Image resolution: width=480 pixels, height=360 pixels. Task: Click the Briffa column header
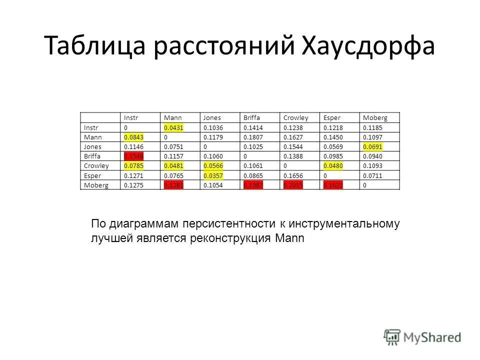point(251,117)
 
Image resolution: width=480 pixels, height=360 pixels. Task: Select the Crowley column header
point(295,117)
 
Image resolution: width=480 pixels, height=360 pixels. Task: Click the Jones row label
point(93,146)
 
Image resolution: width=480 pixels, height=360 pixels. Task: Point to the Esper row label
point(92,175)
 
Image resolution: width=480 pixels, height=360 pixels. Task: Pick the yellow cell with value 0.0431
point(172,127)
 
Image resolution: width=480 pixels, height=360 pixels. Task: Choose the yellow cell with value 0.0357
point(212,175)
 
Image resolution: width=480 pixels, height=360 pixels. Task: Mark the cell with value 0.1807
point(252,137)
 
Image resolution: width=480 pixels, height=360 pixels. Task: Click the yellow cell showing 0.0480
point(332,166)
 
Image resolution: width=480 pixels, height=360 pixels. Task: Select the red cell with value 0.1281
point(173,185)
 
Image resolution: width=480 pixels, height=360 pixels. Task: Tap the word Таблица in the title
point(94,46)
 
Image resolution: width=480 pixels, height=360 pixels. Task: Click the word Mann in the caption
point(289,238)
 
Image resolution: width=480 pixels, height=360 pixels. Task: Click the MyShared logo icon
point(392,336)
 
